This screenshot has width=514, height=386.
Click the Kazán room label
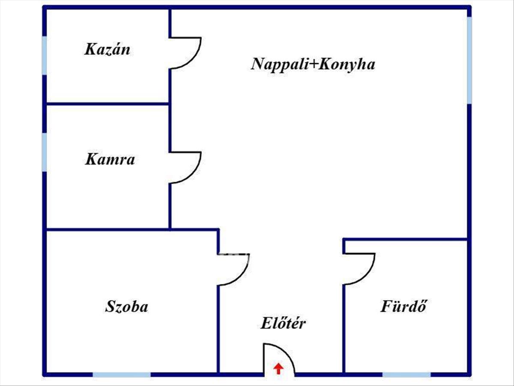click(x=107, y=49)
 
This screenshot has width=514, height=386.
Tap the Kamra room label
click(x=110, y=160)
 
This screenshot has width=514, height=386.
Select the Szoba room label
click(x=126, y=306)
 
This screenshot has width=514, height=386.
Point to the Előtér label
click(x=283, y=323)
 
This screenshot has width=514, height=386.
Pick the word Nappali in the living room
click(x=280, y=64)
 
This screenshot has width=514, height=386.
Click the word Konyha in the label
click(x=347, y=64)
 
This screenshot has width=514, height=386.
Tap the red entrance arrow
click(x=278, y=368)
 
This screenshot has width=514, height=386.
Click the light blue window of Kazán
click(x=44, y=55)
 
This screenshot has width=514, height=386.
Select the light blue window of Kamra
click(x=44, y=152)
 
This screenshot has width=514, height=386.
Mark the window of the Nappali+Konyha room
click(x=469, y=60)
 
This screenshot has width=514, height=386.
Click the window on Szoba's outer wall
click(x=122, y=374)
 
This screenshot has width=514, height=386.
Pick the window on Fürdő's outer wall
click(x=406, y=374)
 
